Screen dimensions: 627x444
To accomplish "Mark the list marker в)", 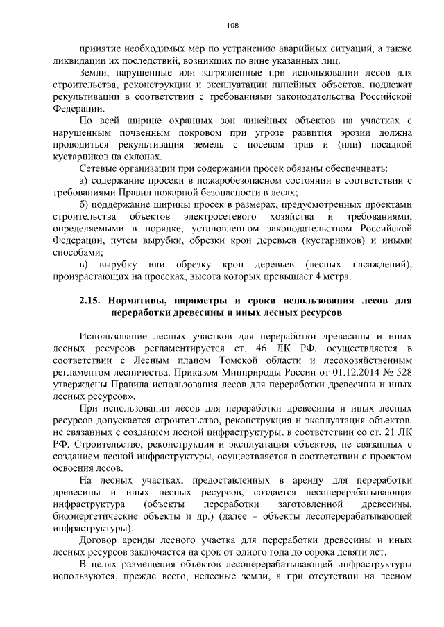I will [85, 265].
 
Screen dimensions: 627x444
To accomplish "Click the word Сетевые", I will [101, 169].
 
